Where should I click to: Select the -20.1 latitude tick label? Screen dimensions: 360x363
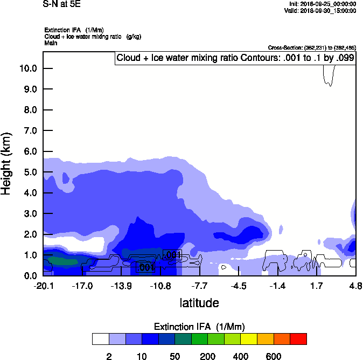click(43, 285)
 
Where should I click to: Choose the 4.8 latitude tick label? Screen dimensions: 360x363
click(355, 285)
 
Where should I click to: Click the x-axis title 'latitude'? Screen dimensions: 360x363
click(199, 303)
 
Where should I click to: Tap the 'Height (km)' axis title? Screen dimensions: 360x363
click(6, 164)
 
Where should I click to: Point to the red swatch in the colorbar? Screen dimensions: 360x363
click(298, 339)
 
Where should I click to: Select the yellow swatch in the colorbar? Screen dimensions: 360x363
click(249, 339)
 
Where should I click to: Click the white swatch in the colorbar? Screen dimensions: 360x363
click(100, 339)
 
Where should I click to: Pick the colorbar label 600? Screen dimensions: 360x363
click(274, 356)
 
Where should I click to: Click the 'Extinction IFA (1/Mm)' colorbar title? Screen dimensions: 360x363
click(199, 327)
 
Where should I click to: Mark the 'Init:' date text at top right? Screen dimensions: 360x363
click(322, 4)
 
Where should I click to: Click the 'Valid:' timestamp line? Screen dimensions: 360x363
click(322, 10)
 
